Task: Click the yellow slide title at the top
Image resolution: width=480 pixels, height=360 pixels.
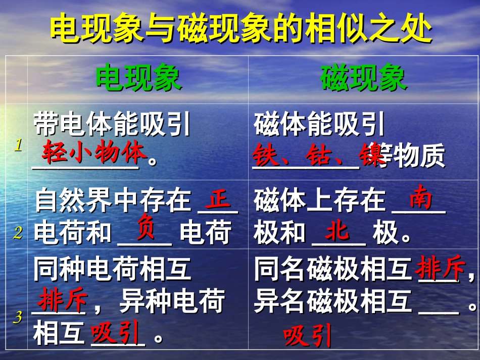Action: pos(241,28)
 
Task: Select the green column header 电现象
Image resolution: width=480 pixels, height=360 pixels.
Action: pos(138,78)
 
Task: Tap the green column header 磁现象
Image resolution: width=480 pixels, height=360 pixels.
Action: pos(363,78)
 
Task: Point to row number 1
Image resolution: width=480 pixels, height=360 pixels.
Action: pos(19,145)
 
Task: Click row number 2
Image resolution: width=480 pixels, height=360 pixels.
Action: pos(19,233)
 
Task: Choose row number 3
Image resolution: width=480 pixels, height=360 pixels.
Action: pos(19,317)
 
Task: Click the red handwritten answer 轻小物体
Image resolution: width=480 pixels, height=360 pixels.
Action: pos(94,152)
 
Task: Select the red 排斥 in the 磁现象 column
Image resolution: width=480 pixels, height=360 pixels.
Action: pos(440,270)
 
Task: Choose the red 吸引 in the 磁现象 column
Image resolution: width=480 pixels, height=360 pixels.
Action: pos(307,336)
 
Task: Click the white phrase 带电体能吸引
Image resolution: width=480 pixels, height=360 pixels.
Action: pos(112,124)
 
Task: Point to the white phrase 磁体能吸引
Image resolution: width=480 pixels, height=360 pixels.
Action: pos(319,124)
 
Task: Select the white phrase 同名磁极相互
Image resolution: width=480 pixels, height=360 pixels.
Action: pos(332,270)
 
